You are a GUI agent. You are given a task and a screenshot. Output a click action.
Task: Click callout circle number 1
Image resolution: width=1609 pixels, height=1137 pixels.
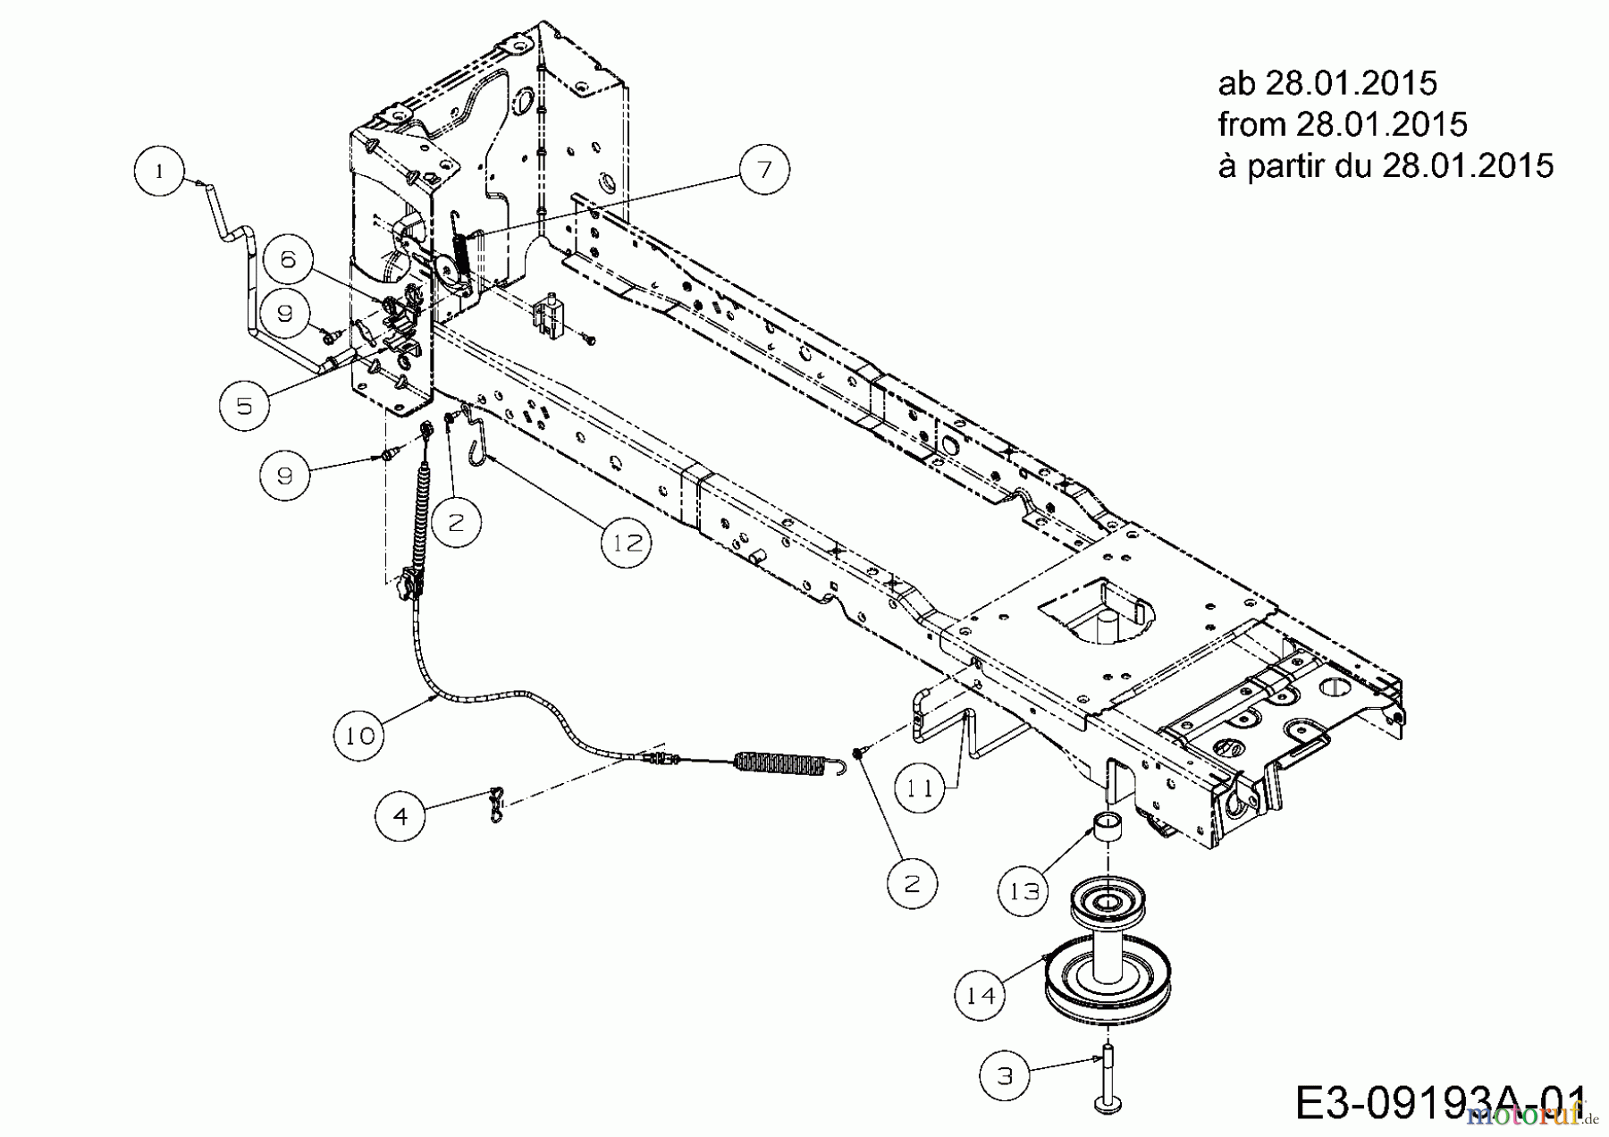(159, 171)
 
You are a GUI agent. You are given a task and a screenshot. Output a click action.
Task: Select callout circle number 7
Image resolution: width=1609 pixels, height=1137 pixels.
(763, 169)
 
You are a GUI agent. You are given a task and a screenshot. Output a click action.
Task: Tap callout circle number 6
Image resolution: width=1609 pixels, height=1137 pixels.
(287, 259)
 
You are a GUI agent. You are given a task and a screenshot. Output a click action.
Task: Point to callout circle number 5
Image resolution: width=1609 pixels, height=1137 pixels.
(244, 406)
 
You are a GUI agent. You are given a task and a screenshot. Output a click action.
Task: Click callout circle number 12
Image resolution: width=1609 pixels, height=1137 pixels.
(626, 543)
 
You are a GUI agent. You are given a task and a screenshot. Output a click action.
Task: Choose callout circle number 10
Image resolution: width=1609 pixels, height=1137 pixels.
(359, 736)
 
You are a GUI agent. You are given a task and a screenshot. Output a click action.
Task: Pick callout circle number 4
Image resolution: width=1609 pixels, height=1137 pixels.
(400, 815)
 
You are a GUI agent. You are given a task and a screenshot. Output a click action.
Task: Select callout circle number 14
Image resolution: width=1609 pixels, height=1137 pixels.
(981, 994)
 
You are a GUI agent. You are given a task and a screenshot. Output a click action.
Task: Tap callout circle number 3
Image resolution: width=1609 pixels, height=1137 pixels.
(1005, 1075)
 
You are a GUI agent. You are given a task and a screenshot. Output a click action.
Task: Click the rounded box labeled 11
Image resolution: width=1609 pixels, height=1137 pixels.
(921, 787)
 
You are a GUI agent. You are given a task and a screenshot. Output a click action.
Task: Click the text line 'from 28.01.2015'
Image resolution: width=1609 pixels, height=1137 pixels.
(1342, 124)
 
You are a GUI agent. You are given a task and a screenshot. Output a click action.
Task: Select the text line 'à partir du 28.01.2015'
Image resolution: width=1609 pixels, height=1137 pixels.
(1385, 165)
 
